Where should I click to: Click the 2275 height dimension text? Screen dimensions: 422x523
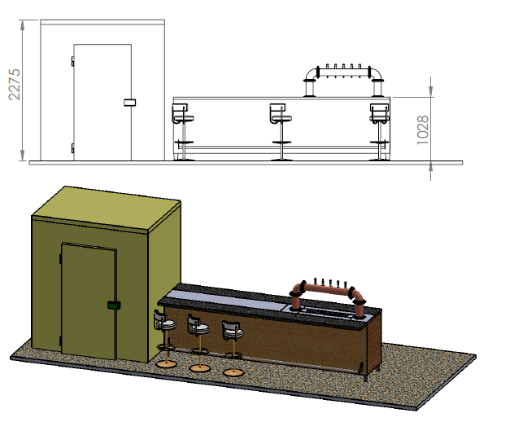[x=13, y=85]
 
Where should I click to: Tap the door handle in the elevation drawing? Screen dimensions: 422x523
[x=129, y=102]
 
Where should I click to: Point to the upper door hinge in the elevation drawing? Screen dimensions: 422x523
[x=73, y=61]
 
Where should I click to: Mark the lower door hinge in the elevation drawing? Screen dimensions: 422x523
[x=73, y=147]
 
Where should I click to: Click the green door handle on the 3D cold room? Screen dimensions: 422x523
[x=113, y=306]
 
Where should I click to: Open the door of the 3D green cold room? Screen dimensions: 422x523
[x=89, y=301]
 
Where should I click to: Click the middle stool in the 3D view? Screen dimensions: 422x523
[x=198, y=342]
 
